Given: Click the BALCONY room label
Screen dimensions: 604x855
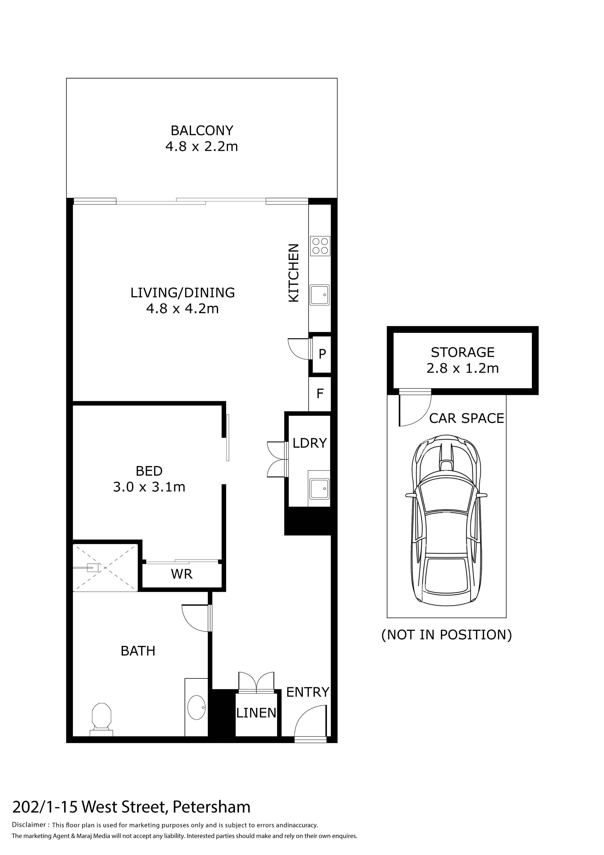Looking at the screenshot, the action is click(x=202, y=130).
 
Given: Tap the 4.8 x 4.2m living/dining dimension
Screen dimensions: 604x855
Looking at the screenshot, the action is click(x=182, y=309).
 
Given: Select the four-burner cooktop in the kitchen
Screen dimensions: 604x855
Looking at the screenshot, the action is click(x=320, y=246).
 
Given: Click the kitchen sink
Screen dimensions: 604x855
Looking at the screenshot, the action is click(x=320, y=295).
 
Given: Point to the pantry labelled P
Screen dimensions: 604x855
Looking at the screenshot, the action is click(x=322, y=353).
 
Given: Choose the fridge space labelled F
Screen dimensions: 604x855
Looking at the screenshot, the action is click(x=320, y=394).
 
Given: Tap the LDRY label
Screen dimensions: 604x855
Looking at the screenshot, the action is click(x=310, y=443).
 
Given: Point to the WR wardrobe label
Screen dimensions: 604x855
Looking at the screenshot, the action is click(x=182, y=574).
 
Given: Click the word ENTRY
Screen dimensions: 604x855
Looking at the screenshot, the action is click(x=308, y=692).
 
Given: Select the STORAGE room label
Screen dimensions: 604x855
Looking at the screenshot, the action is click(x=463, y=352).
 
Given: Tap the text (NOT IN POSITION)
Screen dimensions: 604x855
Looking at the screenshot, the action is click(x=446, y=634).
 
